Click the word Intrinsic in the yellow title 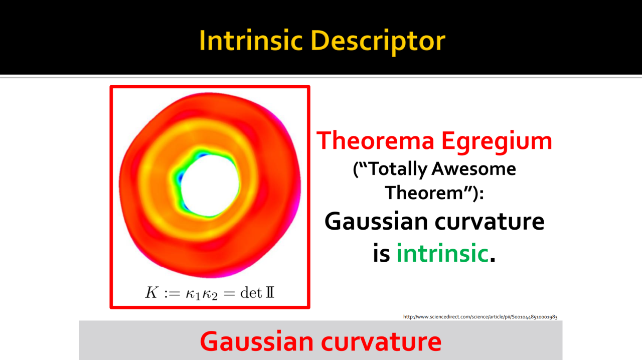pyautogui.click(x=251, y=41)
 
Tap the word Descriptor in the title pyautogui.click(x=378, y=42)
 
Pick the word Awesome pyautogui.click(x=473, y=168)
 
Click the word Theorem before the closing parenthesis pyautogui.click(x=424, y=193)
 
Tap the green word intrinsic pyautogui.click(x=442, y=253)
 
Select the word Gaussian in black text pyautogui.click(x=376, y=221)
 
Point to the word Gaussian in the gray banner pyautogui.click(x=257, y=341)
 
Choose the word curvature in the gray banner pyautogui.click(x=381, y=342)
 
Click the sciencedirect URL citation pyautogui.click(x=480, y=317)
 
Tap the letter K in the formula pyautogui.click(x=151, y=292)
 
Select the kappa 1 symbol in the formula pyautogui.click(x=193, y=294)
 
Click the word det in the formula pyautogui.click(x=251, y=293)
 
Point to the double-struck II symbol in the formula pyautogui.click(x=270, y=293)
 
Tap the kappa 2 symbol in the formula pyautogui.click(x=210, y=294)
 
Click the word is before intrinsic pyautogui.click(x=382, y=253)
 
